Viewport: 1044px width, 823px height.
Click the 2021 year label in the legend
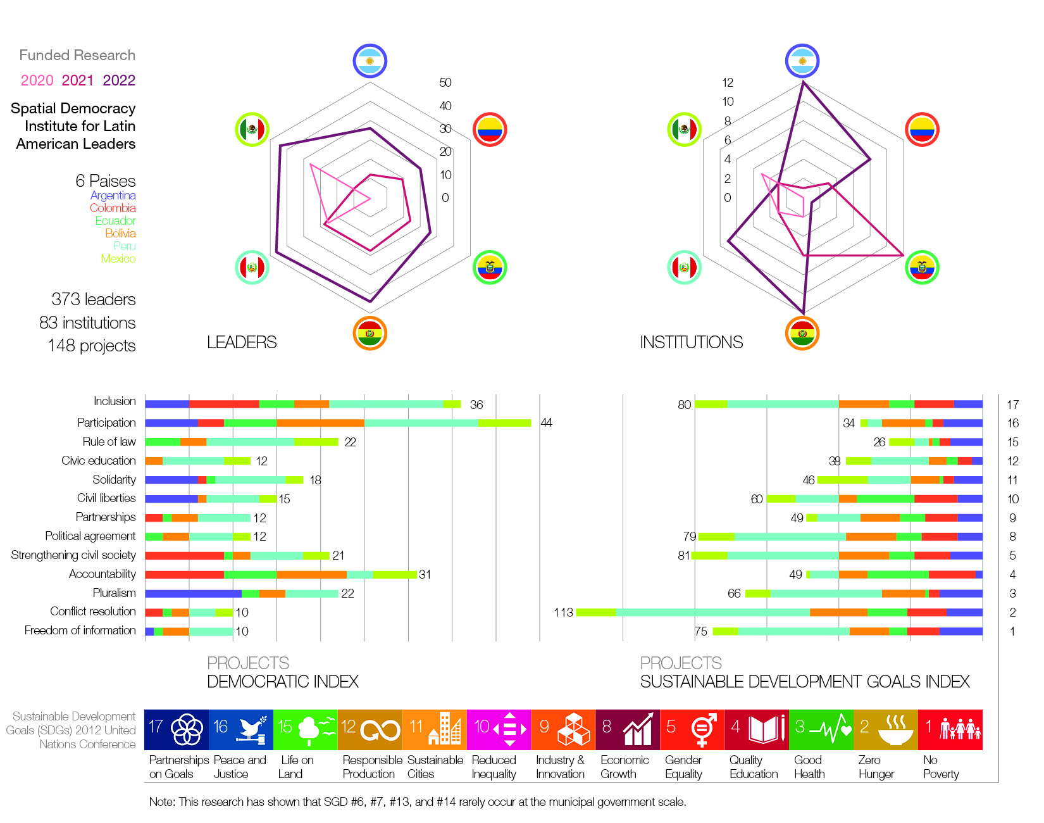(77, 80)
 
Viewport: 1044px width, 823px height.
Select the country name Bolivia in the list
(120, 233)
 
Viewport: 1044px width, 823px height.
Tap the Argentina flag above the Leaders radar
(370, 61)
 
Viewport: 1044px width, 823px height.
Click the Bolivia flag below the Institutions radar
(802, 333)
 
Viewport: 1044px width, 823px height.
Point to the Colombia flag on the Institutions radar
(922, 130)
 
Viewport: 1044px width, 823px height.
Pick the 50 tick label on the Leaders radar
(445, 82)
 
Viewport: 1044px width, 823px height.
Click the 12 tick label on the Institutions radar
(728, 82)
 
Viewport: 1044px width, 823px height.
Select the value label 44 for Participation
(547, 423)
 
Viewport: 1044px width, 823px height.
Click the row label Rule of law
(109, 441)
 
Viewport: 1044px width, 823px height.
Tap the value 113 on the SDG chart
(563, 612)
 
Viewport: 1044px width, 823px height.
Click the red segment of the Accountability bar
(184, 574)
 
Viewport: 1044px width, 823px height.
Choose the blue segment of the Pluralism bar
(193, 593)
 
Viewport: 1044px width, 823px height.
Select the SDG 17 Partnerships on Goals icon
(177, 729)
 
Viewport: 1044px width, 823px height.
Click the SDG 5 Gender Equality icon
(692, 729)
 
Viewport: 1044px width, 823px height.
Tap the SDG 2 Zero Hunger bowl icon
(886, 729)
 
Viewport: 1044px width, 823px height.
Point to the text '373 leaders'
(94, 299)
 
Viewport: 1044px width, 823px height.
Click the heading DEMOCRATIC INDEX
(283, 682)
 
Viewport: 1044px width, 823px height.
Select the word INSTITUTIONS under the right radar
(691, 342)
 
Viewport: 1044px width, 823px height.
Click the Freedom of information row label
(80, 631)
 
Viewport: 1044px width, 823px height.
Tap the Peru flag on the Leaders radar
(252, 267)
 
